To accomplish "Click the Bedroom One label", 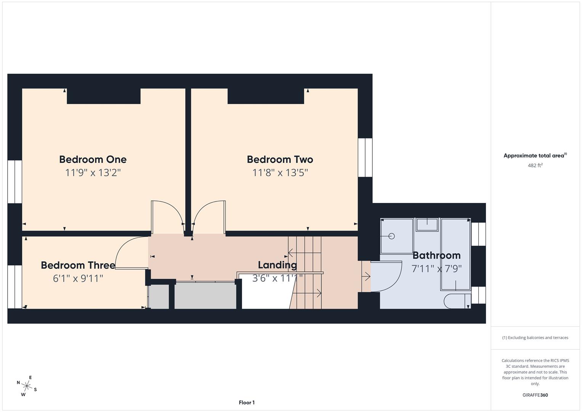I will click(93, 159).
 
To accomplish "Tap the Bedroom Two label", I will click(280, 159).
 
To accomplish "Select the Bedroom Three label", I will click(78, 265).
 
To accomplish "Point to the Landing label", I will click(277, 265).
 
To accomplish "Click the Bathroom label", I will click(436, 255).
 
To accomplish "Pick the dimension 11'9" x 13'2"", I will click(93, 173).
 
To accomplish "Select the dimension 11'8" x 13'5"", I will click(280, 173).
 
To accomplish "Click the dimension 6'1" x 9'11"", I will click(78, 278).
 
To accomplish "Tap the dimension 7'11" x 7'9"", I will click(436, 269).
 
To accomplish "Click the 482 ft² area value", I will click(535, 166).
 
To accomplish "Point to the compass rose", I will click(27, 386).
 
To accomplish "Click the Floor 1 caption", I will click(247, 402).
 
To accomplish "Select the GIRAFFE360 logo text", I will click(535, 395).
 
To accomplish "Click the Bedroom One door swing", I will click(167, 216).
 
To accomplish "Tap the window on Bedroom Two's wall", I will click(365, 157).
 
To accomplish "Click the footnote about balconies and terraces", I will click(535, 338).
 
